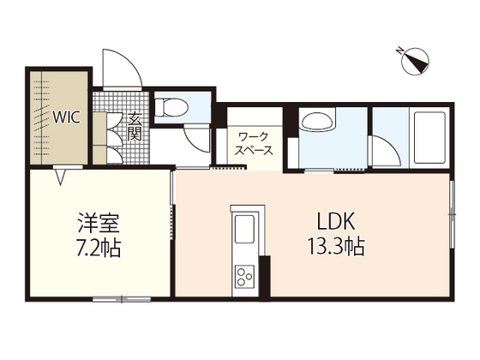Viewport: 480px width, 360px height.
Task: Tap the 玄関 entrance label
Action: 135,129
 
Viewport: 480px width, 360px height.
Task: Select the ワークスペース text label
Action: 255,142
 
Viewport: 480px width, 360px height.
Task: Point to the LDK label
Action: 335,220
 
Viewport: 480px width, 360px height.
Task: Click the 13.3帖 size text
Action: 336,247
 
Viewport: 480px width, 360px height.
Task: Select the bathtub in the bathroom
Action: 424,137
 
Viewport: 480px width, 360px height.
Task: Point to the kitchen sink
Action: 243,230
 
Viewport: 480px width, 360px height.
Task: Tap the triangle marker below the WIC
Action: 62,178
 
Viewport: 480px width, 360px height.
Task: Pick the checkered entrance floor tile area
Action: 110,129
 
